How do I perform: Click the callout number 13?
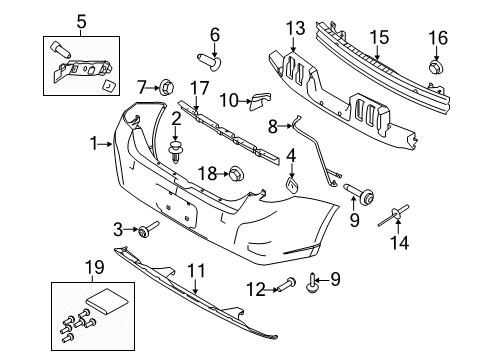(295, 28)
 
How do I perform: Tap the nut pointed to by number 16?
(435, 67)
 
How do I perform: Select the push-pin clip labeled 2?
(176, 152)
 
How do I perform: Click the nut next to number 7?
(167, 87)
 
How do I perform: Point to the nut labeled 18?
(236, 174)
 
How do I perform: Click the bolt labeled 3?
(149, 229)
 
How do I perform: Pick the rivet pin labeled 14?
(394, 215)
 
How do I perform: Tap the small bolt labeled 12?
(286, 285)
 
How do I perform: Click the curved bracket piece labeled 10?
(260, 101)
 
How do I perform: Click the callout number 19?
(94, 267)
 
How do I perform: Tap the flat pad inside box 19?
(107, 301)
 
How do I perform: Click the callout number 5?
(81, 22)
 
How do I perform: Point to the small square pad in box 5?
(110, 86)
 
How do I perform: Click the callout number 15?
(379, 37)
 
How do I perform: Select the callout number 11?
(195, 271)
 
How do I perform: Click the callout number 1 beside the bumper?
(94, 144)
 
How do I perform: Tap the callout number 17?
(199, 88)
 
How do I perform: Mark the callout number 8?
(273, 126)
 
